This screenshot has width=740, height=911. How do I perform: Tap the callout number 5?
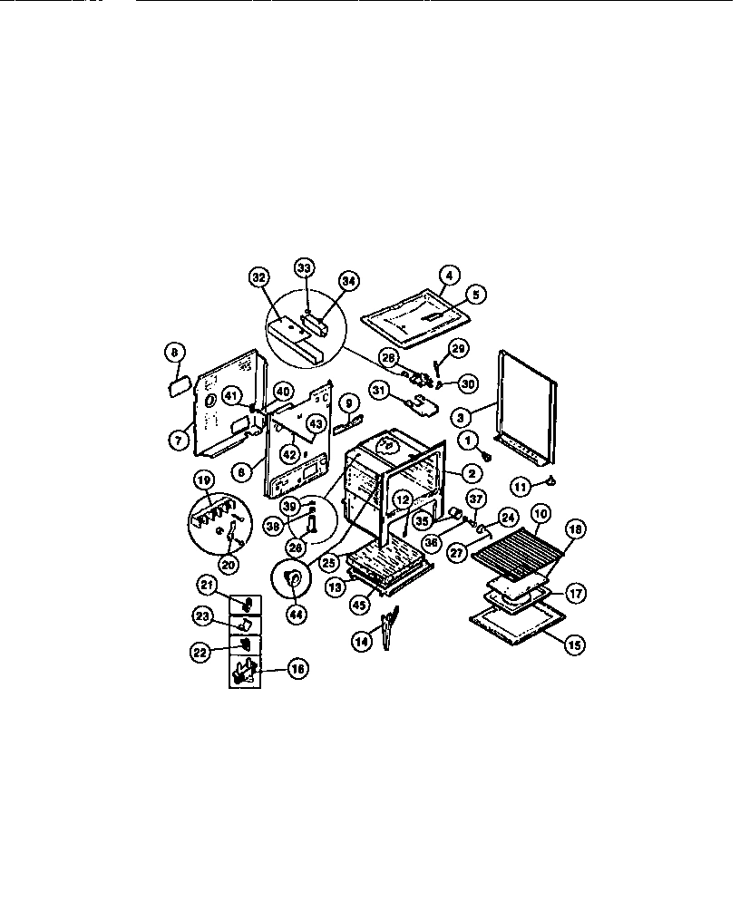476,294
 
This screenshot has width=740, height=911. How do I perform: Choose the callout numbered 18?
573,528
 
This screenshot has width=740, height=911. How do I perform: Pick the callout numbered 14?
362,641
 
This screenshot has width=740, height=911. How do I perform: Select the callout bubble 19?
204,480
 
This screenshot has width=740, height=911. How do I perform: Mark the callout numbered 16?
296,669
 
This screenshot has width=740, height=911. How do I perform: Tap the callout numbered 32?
258,278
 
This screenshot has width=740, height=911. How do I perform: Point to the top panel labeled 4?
417,318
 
